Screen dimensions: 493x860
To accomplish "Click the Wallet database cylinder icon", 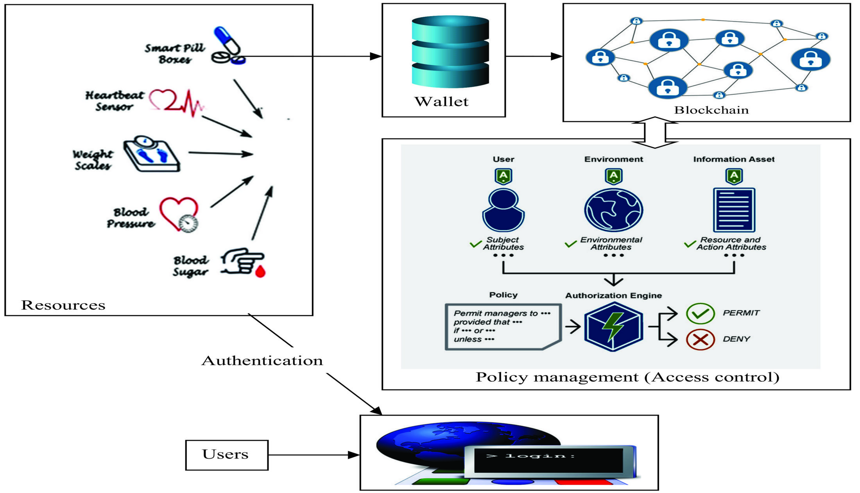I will click(450, 51).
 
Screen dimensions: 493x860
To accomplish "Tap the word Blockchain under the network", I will click(711, 110).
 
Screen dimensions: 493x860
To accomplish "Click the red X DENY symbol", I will click(700, 339).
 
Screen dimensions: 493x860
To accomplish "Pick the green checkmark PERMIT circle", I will click(700, 313).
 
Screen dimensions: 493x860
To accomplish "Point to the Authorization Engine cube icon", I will click(613, 327).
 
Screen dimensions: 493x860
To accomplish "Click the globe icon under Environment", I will click(613, 210).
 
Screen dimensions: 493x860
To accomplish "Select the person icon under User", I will click(503, 210).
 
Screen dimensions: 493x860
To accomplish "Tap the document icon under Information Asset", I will click(734, 210).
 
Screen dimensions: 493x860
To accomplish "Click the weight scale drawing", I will click(152, 154).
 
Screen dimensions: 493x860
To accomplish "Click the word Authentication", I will click(262, 361).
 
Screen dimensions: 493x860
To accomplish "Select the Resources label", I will click(63, 305).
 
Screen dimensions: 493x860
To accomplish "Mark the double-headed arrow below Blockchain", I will click(655, 132).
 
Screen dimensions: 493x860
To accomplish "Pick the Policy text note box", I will click(503, 327).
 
